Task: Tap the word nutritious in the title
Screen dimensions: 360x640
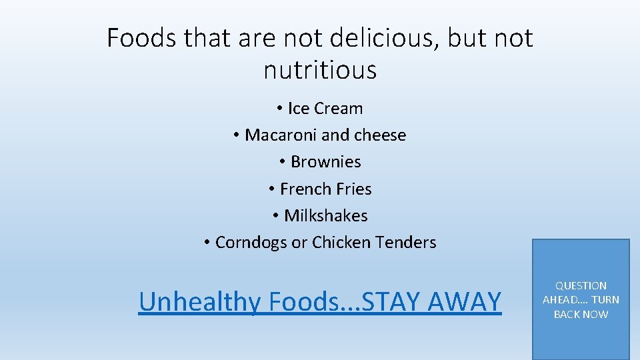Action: (320, 69)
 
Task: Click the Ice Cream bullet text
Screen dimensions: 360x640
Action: (325, 109)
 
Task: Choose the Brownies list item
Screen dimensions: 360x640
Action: (326, 162)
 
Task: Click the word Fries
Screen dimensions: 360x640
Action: (353, 189)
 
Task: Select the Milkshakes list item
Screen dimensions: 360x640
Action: (326, 216)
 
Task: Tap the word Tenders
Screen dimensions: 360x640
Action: (405, 243)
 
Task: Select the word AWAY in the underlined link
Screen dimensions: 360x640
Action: (464, 302)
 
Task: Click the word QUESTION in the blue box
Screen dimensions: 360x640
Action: (581, 285)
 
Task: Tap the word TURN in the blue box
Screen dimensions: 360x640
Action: (605, 300)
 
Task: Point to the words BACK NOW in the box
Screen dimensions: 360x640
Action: (581, 315)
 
